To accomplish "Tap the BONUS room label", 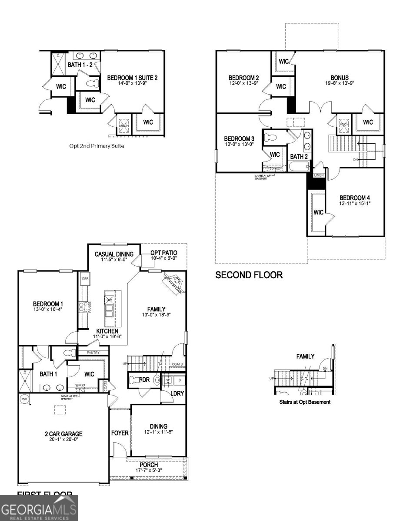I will click(x=340, y=78).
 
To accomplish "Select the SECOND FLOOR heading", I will click(x=249, y=275).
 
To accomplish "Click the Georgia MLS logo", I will click(x=39, y=508).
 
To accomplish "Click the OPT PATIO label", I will click(x=163, y=253).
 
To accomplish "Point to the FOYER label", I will click(x=120, y=433).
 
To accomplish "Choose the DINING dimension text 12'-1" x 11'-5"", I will click(x=159, y=432).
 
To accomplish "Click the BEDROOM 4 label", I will click(x=355, y=197).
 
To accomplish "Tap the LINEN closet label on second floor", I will click(x=319, y=175).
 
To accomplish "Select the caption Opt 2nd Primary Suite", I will click(x=97, y=146).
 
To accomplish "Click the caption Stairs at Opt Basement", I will click(x=305, y=402).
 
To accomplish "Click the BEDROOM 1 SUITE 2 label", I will click(x=132, y=78).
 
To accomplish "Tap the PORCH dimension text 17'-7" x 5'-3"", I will click(x=148, y=471).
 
